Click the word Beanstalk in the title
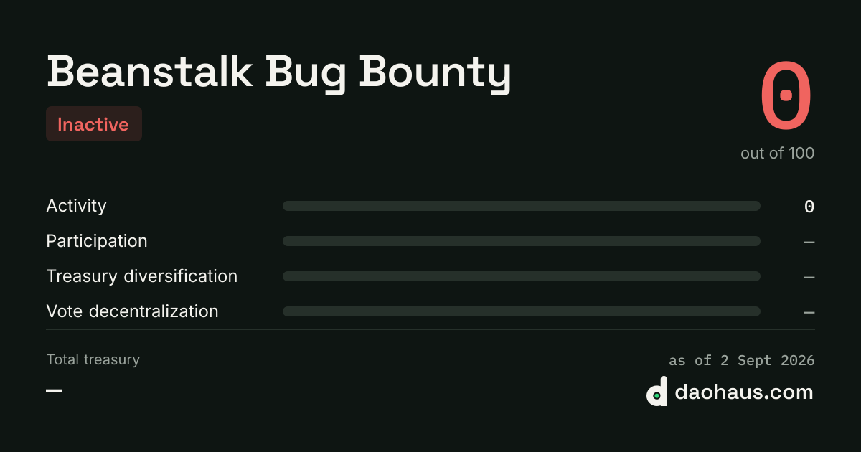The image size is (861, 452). pyautogui.click(x=149, y=72)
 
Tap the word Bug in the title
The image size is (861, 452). pyautogui.click(x=306, y=73)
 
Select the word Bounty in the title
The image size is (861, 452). pyautogui.click(x=436, y=73)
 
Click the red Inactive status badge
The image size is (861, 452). pyautogui.click(x=94, y=123)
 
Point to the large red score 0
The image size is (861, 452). pyautogui.click(x=786, y=95)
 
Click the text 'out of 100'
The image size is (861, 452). pyautogui.click(x=777, y=153)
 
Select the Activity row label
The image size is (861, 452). pyautogui.click(x=76, y=206)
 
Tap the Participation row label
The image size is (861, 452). pyautogui.click(x=96, y=241)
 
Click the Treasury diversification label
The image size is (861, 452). pyautogui.click(x=142, y=276)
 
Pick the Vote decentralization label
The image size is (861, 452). pyautogui.click(x=132, y=311)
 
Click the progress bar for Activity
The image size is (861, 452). pyautogui.click(x=521, y=206)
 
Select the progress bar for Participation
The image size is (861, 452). pyautogui.click(x=521, y=241)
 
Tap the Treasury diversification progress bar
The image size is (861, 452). pyautogui.click(x=521, y=276)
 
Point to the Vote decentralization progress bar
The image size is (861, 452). pyautogui.click(x=521, y=311)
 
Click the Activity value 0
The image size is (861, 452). pyautogui.click(x=809, y=207)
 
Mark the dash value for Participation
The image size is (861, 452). pyautogui.click(x=809, y=243)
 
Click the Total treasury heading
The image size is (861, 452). pyautogui.click(x=93, y=359)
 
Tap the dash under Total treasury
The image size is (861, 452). pyautogui.click(x=55, y=390)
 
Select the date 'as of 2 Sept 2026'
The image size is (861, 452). pyautogui.click(x=741, y=360)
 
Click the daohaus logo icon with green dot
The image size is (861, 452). pyautogui.click(x=657, y=391)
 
